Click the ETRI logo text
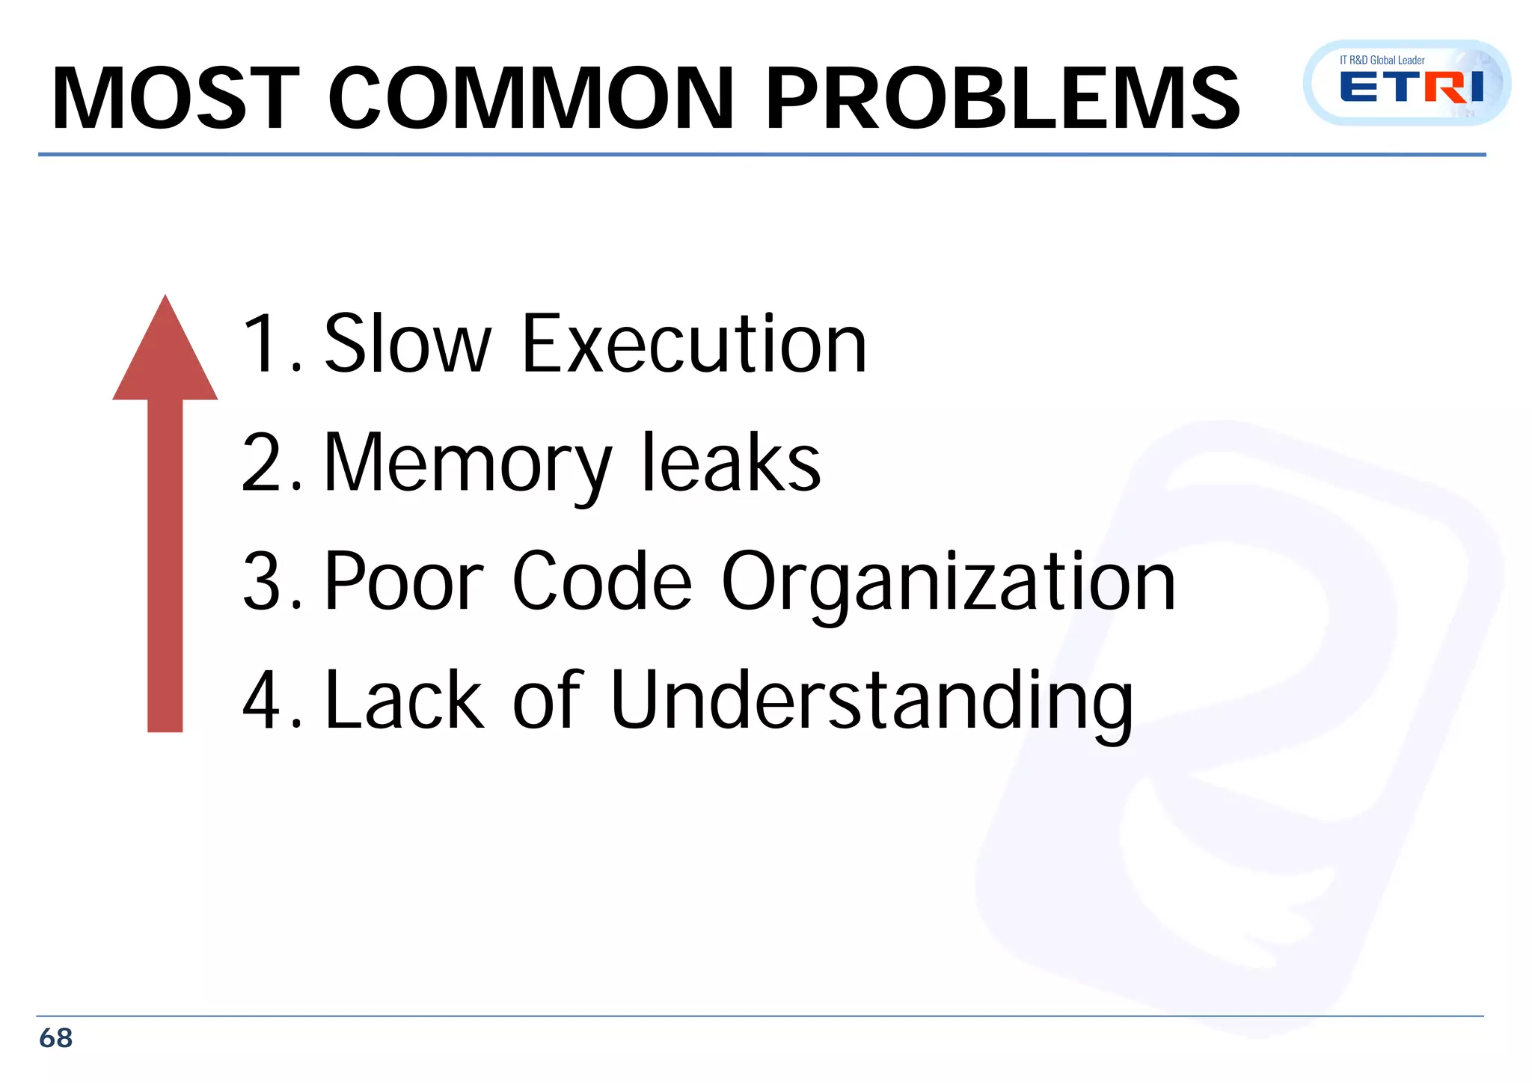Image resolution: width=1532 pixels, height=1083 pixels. (1412, 88)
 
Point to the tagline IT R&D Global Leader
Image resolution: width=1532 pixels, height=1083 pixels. (1382, 60)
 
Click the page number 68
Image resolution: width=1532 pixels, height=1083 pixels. (55, 1038)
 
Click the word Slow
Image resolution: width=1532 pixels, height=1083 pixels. (408, 344)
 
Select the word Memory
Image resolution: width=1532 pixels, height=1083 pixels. (468, 463)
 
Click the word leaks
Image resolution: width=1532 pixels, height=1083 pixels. (731, 463)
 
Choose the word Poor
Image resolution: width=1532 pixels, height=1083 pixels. (405, 581)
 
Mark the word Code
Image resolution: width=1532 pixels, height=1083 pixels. (602, 581)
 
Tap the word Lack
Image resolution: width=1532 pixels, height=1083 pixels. (405, 700)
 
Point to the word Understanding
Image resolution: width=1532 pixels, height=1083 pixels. (871, 702)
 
